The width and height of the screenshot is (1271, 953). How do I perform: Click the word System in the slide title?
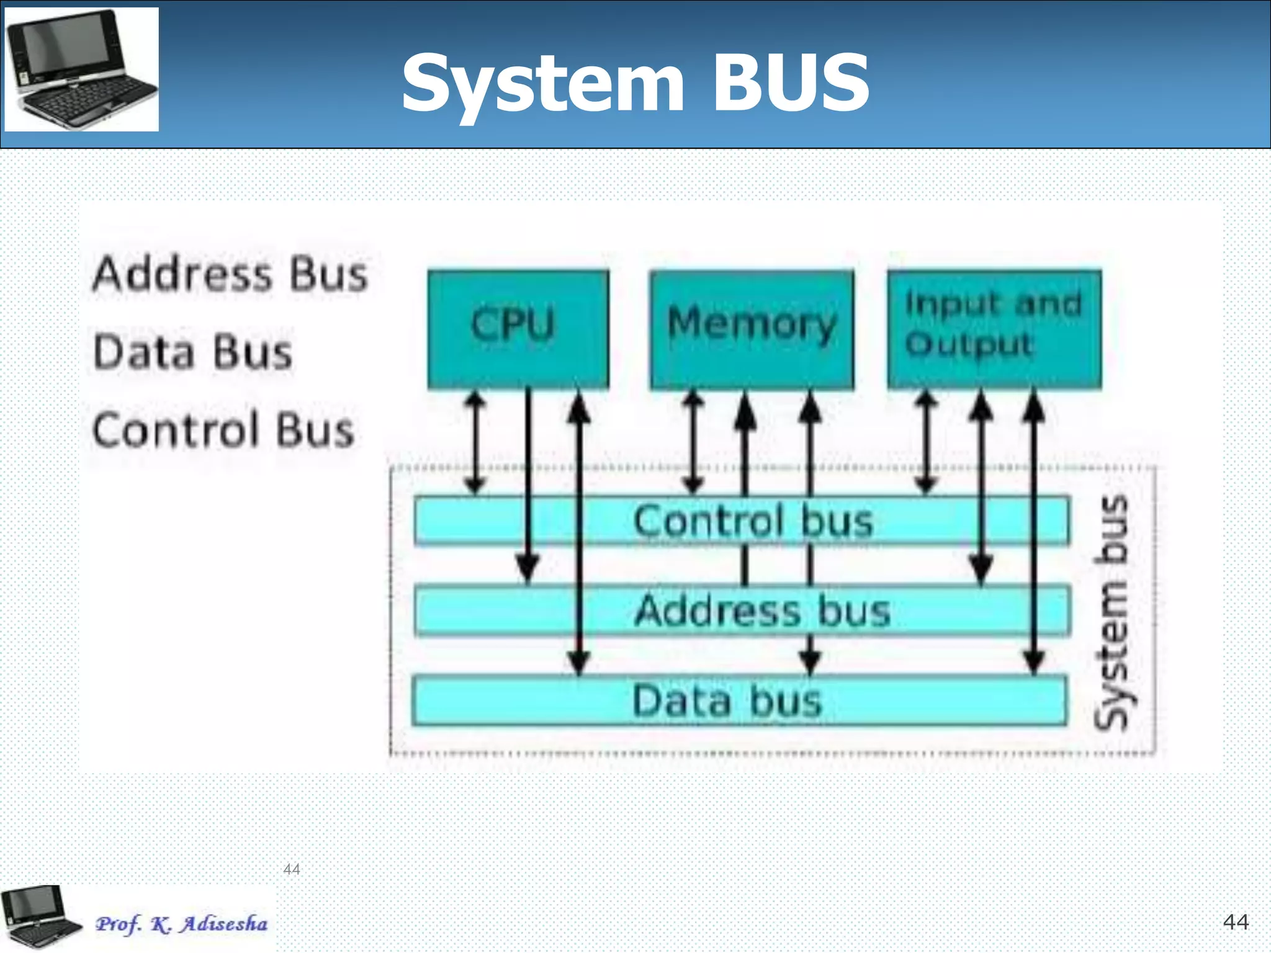pos(543,84)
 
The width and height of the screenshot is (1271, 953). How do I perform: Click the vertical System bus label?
pos(1112,611)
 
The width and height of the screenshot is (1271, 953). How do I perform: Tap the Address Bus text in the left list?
pos(230,275)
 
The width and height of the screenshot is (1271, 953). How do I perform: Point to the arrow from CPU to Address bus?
pos(528,484)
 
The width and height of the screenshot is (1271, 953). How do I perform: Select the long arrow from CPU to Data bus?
pos(578,534)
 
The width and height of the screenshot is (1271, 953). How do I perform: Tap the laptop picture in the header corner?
pos(82,69)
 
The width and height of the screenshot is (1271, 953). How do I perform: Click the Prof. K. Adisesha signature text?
pos(181,924)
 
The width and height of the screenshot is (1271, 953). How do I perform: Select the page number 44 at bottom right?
pos(1235,922)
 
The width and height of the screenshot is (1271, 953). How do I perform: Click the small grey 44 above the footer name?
pos(291,869)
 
